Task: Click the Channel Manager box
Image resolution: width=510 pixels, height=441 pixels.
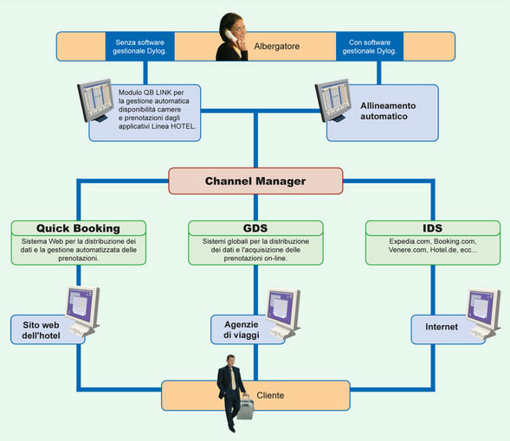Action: [x=255, y=181]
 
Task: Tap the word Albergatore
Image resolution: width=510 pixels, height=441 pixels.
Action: [x=277, y=46]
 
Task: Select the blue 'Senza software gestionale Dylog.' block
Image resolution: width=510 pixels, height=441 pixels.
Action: [x=140, y=46]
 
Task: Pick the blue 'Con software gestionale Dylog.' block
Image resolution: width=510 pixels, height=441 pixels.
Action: [x=370, y=46]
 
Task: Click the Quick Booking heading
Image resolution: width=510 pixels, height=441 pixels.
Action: [x=78, y=228]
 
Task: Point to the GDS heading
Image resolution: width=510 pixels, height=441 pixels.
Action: [x=255, y=228]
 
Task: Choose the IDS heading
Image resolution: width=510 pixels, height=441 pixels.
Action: [x=433, y=228]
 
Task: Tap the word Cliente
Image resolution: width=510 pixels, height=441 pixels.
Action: [x=270, y=395]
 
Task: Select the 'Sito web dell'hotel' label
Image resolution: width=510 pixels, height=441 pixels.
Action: [x=41, y=330]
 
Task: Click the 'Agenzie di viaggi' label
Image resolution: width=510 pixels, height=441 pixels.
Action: [x=242, y=329]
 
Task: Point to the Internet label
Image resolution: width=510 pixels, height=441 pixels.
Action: [x=442, y=327]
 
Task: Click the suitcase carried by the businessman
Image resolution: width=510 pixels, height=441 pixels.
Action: [x=246, y=406]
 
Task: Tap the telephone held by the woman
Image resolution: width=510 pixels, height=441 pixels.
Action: [x=231, y=35]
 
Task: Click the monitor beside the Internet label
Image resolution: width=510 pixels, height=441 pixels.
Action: [x=483, y=313]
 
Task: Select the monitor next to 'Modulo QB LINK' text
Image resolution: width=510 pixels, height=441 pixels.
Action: [x=95, y=100]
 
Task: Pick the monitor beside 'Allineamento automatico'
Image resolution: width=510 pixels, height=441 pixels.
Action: [x=333, y=100]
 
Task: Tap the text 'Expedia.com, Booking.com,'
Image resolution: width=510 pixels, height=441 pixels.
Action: [x=433, y=241]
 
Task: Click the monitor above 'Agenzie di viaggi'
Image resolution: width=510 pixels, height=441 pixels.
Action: [x=282, y=313]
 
